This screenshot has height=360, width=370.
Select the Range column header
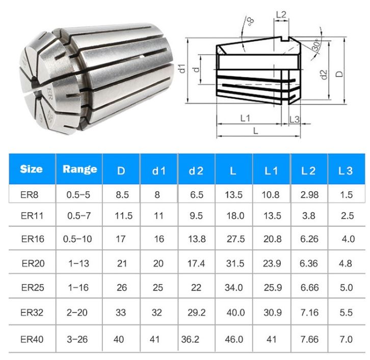point(80,169)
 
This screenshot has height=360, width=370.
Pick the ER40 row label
point(32,339)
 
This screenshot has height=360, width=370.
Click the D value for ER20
point(121,263)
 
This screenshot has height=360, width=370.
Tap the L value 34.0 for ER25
point(233,288)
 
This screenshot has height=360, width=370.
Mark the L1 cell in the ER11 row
point(271,216)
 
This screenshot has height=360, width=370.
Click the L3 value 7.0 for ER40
point(346,339)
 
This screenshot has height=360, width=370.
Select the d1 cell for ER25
point(159,288)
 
